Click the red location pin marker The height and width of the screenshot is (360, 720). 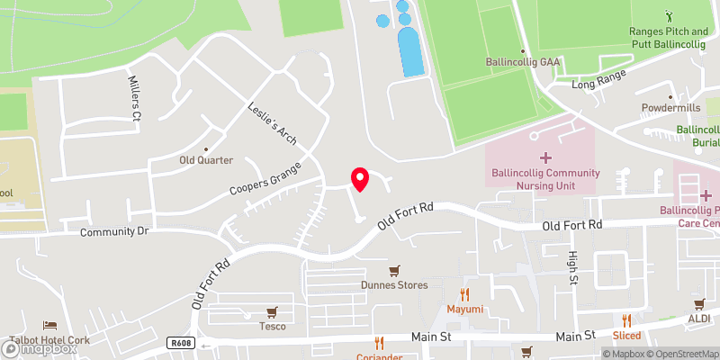[360, 178]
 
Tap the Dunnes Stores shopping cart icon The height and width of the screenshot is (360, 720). [393, 270]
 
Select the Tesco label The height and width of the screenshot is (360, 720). [272, 326]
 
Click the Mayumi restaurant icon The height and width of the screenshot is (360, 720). [465, 294]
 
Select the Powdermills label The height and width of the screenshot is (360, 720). [670, 108]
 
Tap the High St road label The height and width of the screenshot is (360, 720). [572, 268]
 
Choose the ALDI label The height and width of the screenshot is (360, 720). [699, 319]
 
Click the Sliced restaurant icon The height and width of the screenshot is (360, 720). [627, 319]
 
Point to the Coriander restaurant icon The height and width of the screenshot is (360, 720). [380, 343]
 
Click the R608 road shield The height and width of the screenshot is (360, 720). [180, 343]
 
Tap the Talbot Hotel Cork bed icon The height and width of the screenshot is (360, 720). [50, 326]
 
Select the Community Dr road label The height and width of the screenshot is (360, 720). [113, 232]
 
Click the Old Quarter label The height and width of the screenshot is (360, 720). [206, 160]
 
